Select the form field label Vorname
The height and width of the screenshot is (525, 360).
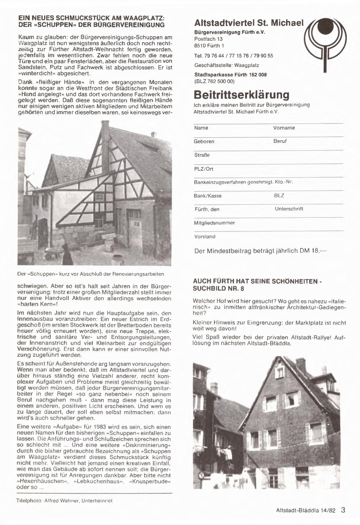coord(284,128)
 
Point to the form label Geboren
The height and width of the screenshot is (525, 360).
coord(204,141)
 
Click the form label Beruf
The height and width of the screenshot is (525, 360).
coord(280,141)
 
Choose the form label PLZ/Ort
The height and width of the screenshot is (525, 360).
coord(203,169)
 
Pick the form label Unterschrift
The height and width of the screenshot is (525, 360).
coord(289,209)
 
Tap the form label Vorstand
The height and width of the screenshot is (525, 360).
coord(205,236)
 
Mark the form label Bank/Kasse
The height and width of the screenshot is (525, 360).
coord(207,196)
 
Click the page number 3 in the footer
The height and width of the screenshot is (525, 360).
coord(343,510)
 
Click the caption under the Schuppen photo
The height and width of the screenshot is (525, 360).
coord(90,274)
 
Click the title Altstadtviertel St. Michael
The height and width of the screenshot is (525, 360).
coord(249,23)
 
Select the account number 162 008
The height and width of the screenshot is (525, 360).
coord(258,74)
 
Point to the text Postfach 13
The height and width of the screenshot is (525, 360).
coord(208,39)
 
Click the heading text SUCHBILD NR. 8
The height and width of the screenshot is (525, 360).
coord(218,288)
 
